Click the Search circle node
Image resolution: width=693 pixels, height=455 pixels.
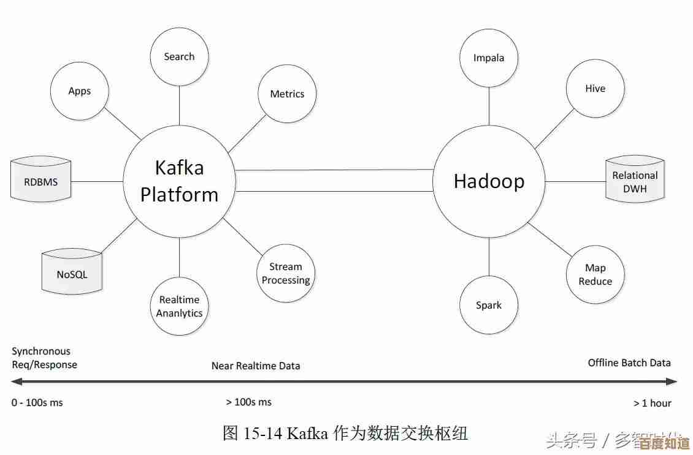click(180, 56)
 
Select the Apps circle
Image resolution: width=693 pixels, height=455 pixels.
click(80, 91)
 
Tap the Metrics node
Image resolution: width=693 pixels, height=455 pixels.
click(287, 94)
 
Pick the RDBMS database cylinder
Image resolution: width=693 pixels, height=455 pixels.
click(41, 182)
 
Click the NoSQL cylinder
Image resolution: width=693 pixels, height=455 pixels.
click(72, 274)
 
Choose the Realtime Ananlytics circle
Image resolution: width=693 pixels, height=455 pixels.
click(180, 306)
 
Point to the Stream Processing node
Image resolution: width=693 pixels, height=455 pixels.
click(286, 273)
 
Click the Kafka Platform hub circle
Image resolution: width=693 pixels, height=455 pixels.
click(179, 181)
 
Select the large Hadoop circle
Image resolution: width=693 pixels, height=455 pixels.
click(489, 181)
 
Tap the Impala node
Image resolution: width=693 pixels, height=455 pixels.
click(489, 58)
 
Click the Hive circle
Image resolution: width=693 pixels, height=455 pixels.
click(595, 89)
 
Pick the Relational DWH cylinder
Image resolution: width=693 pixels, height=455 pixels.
click(635, 182)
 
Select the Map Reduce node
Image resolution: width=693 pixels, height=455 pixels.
click(595, 274)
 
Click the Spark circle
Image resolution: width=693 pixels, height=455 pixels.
click(489, 305)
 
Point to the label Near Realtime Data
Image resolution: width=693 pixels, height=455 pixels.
click(256, 366)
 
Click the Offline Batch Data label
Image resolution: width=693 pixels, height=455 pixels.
click(629, 363)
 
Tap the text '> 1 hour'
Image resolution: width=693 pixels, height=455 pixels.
click(652, 403)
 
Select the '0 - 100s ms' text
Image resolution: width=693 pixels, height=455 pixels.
click(37, 402)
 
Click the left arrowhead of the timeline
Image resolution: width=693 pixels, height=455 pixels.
click(17, 382)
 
